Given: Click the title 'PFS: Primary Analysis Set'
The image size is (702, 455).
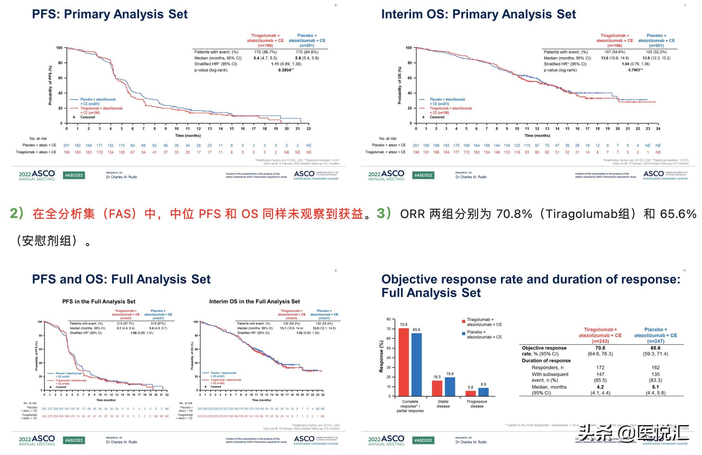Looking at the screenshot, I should pos(109,14).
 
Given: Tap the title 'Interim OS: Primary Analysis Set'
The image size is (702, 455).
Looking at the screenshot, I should pos(478,14).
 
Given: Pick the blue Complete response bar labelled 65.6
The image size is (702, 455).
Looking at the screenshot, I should pos(416,364).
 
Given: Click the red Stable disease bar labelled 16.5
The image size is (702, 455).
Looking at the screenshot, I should pos(437,388).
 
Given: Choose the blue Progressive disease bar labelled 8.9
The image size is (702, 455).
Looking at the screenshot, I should pos(483,392).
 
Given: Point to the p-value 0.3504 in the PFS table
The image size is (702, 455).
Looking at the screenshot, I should pos(284,70).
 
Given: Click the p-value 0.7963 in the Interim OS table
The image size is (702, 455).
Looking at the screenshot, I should pos(634,70).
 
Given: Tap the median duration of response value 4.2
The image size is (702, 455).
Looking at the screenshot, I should pos(600,387).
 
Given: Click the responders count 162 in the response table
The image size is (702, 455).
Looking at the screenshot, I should pos(655,368).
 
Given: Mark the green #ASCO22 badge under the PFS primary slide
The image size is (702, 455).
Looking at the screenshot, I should pos(74,175).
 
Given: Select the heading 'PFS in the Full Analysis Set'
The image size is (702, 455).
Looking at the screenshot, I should pos(99,301).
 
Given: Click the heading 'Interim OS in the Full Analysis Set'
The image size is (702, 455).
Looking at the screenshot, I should pos(255,301).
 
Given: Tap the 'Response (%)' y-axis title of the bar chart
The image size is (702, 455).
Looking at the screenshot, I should pos(381,356).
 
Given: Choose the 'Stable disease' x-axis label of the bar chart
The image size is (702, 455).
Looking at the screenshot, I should pos(443,404).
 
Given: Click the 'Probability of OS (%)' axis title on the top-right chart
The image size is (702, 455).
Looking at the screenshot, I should pos(400,85).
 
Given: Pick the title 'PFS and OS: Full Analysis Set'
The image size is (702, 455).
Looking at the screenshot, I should pos(121,279).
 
